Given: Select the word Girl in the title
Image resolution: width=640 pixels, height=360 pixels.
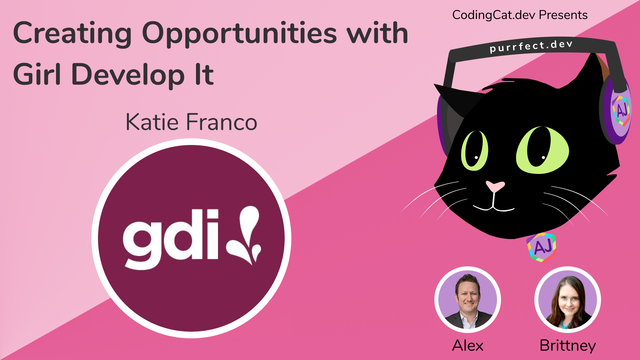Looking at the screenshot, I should [x=42, y=75].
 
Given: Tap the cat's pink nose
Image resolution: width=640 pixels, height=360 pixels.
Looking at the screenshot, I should [x=494, y=187].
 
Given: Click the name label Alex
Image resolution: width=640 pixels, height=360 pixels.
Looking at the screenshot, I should [x=465, y=346].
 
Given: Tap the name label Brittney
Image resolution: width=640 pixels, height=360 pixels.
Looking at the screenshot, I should [x=567, y=346].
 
